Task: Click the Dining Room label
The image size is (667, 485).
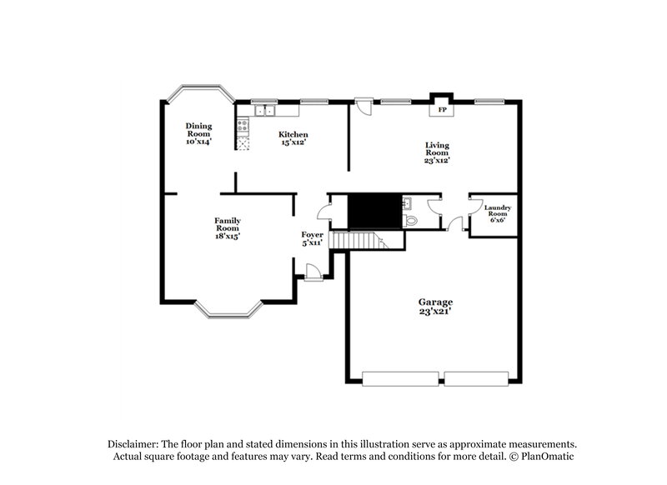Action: (x=198, y=133)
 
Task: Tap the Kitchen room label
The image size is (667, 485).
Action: (x=293, y=138)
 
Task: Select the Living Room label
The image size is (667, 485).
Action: (x=437, y=152)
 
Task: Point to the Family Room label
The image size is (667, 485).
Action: (x=227, y=228)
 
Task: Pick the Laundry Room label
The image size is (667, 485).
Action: (x=498, y=214)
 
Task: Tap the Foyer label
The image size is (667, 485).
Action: (x=312, y=239)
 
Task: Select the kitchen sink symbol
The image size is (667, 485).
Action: (x=265, y=110)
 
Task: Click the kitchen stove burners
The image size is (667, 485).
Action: (x=243, y=127)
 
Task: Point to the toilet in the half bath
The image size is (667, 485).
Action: (x=411, y=219)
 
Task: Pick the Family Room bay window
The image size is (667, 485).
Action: (x=228, y=312)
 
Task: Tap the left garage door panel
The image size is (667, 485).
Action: (x=401, y=378)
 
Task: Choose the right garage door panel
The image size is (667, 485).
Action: (x=476, y=378)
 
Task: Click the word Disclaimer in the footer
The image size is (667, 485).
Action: (x=133, y=444)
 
